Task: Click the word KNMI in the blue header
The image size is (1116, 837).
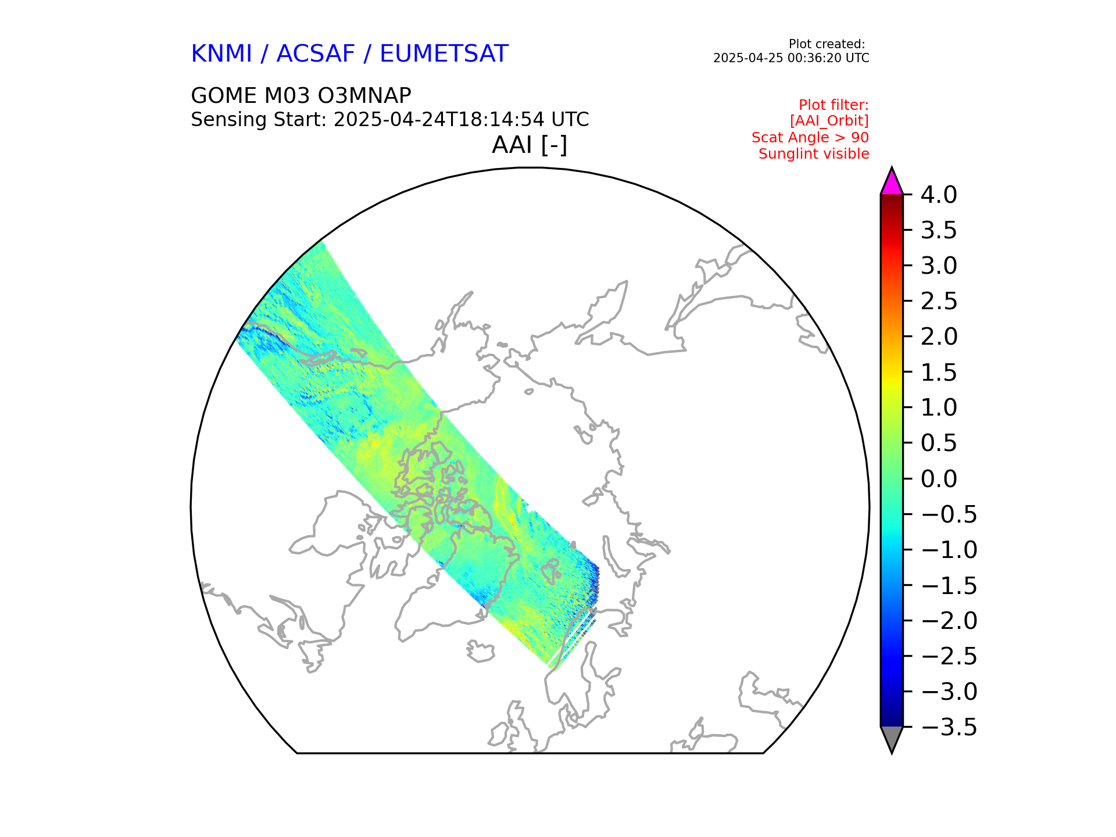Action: (x=221, y=54)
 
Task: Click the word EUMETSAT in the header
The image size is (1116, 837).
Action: (x=444, y=54)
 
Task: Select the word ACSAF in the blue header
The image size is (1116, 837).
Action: (x=315, y=54)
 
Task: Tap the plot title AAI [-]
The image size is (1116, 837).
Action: (x=530, y=145)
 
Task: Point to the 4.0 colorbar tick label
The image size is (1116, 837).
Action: (x=939, y=195)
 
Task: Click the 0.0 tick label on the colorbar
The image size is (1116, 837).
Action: (x=939, y=479)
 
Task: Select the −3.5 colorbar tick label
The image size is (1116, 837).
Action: (x=949, y=728)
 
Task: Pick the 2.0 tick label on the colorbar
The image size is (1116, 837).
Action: (x=939, y=337)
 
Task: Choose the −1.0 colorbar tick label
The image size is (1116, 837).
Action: (x=949, y=550)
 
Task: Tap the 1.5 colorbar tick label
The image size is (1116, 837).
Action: (x=939, y=373)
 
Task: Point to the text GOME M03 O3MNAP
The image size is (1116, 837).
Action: (x=301, y=96)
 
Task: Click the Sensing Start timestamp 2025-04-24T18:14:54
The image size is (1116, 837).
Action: (x=439, y=120)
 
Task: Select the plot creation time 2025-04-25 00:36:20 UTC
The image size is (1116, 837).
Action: (x=791, y=58)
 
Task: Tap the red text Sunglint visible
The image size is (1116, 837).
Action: (x=814, y=154)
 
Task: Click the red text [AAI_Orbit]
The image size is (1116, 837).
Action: (x=829, y=121)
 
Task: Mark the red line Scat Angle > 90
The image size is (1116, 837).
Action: (x=810, y=138)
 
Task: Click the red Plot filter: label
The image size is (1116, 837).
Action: (x=834, y=105)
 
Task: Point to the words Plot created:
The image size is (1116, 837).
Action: (x=827, y=44)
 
